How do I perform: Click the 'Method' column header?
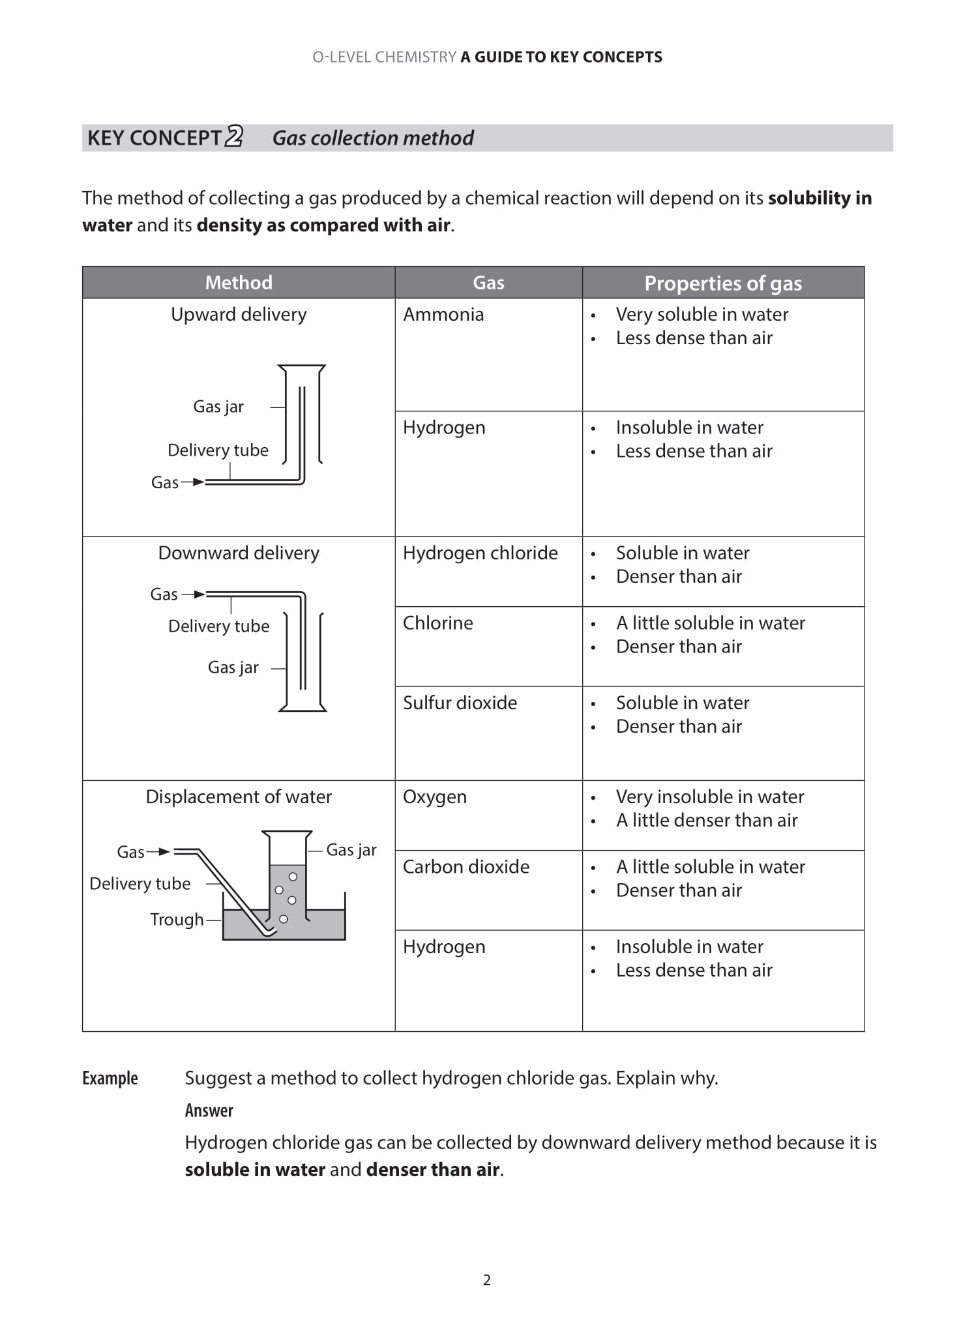coord(239,282)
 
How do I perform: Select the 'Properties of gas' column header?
coord(722,283)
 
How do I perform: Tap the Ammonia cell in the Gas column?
coord(443,315)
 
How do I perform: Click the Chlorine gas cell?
coord(437,623)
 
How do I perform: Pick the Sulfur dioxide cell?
coord(460,703)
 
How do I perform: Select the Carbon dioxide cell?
coord(466,867)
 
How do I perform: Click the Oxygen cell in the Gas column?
coord(434,797)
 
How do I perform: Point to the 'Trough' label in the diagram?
coord(177,919)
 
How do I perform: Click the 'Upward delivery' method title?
coord(239,314)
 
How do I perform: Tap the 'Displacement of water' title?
coord(239,797)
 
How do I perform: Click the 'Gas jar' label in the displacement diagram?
coord(351,850)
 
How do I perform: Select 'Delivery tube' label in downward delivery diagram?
coord(218,626)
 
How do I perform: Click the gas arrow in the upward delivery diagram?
coord(194,482)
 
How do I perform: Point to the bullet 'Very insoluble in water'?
coord(709,797)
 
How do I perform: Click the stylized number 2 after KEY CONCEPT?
coord(234,136)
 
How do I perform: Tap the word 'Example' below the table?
coord(110,1078)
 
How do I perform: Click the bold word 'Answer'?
coord(209,1110)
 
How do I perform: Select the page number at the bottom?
coord(486,1280)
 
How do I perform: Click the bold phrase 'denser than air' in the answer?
coord(433,1169)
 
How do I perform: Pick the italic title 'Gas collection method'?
coord(372,138)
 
